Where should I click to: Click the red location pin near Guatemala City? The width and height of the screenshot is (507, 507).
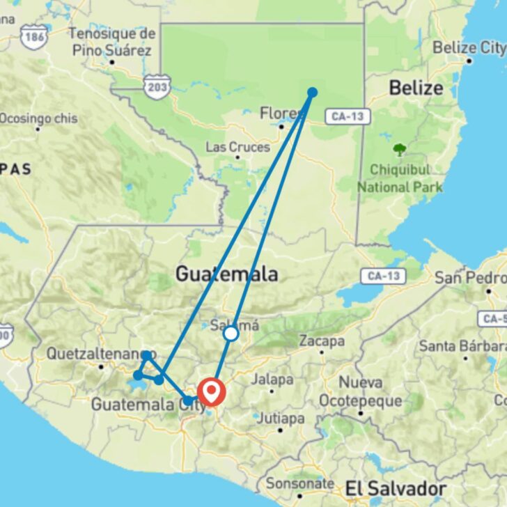coord(211,392)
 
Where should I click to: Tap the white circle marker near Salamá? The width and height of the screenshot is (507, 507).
coord(231,334)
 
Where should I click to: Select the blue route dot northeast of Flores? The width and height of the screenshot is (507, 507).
coord(313,92)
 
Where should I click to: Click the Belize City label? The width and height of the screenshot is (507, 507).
coord(468,48)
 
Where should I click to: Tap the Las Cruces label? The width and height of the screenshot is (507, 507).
coord(237,148)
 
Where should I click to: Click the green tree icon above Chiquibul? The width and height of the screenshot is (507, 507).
coord(400,149)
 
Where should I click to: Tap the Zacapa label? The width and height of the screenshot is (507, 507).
coord(322,341)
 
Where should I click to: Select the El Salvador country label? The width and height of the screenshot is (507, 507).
coord(395,487)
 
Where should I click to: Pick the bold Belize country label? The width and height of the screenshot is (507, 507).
coord(416,88)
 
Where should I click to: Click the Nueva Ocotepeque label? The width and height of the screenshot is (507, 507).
coord(360,392)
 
